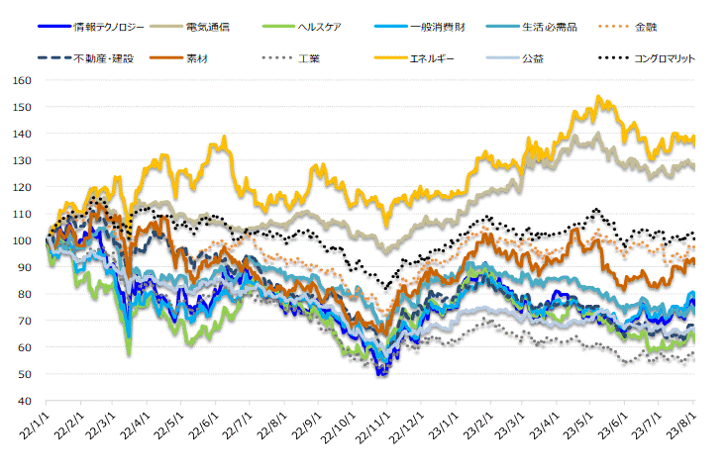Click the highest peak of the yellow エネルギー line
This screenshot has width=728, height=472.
598,97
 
